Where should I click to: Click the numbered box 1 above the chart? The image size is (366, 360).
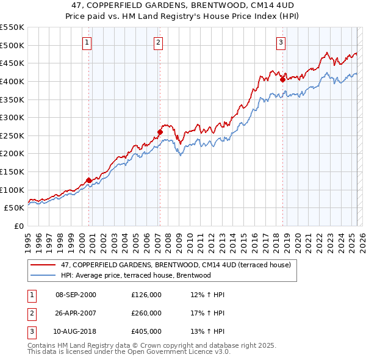87,43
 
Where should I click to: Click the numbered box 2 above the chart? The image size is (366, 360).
158,43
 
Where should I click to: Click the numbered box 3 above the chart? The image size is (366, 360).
281,43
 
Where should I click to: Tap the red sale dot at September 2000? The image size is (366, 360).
89,180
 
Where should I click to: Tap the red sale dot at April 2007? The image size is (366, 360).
160,131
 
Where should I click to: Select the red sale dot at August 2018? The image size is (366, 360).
282,79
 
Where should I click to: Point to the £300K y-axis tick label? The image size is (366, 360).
12,117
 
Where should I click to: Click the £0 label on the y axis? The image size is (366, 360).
20,226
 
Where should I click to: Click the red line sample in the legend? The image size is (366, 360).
43,265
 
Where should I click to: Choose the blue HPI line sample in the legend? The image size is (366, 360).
43,275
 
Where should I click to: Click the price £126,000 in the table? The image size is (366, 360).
146,295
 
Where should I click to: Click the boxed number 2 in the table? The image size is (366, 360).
31,313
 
